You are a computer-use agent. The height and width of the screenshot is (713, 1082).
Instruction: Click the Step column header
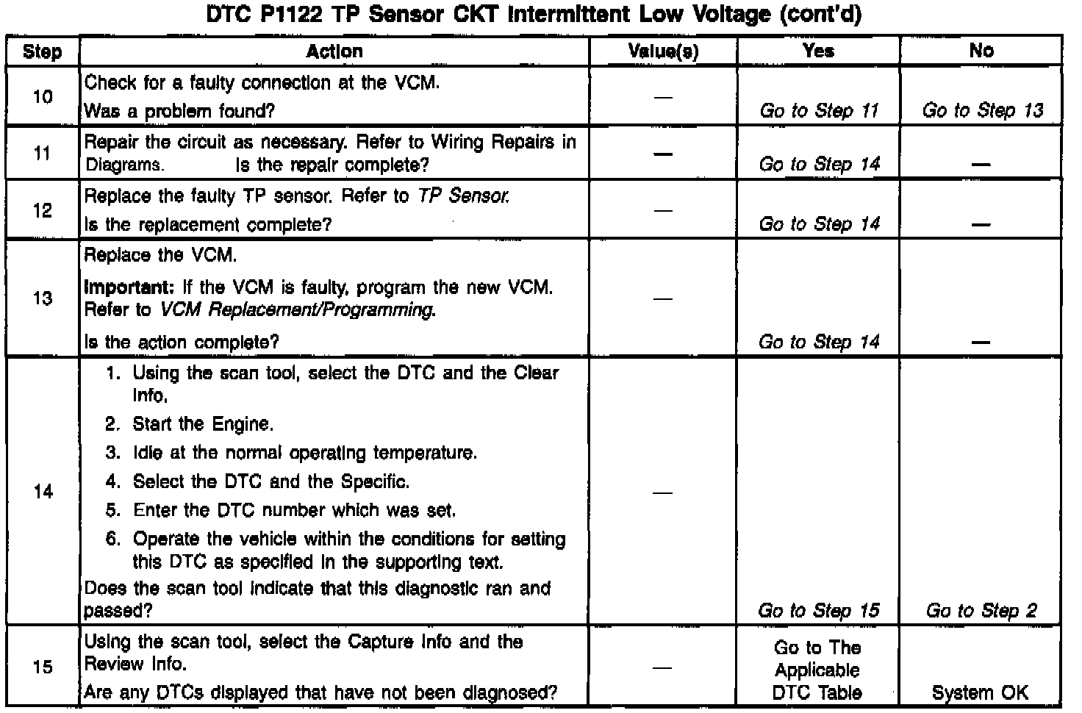pyautogui.click(x=43, y=51)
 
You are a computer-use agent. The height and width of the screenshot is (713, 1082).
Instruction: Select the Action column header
pyautogui.click(x=334, y=51)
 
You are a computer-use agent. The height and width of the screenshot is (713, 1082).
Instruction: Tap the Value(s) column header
pyautogui.click(x=663, y=51)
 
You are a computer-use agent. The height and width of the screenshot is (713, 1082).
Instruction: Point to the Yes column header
pyautogui.click(x=818, y=51)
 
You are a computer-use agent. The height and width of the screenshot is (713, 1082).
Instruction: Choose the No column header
pyautogui.click(x=981, y=51)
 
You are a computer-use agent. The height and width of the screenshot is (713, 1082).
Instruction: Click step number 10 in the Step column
pyautogui.click(x=43, y=96)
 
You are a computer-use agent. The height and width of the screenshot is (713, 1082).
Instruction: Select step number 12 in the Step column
pyautogui.click(x=43, y=211)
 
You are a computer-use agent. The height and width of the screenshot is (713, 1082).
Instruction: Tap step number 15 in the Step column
pyautogui.click(x=43, y=667)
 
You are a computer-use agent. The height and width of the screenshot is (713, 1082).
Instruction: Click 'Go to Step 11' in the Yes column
pyautogui.click(x=819, y=111)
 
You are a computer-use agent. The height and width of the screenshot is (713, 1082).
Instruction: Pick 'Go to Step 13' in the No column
pyautogui.click(x=982, y=111)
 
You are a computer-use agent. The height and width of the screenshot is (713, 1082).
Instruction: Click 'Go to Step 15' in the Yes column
pyautogui.click(x=818, y=611)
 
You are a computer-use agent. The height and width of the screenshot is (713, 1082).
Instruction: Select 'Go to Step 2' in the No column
pyautogui.click(x=981, y=611)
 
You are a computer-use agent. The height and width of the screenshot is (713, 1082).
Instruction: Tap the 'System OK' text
pyautogui.click(x=980, y=692)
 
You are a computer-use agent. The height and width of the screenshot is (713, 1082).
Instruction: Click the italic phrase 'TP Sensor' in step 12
pyautogui.click(x=463, y=196)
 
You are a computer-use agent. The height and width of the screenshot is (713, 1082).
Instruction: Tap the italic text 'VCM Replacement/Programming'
pyautogui.click(x=297, y=309)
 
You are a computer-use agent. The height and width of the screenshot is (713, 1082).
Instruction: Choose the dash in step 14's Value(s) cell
pyautogui.click(x=663, y=492)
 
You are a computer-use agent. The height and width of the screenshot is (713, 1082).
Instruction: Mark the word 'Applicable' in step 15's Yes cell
pyautogui.click(x=817, y=670)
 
